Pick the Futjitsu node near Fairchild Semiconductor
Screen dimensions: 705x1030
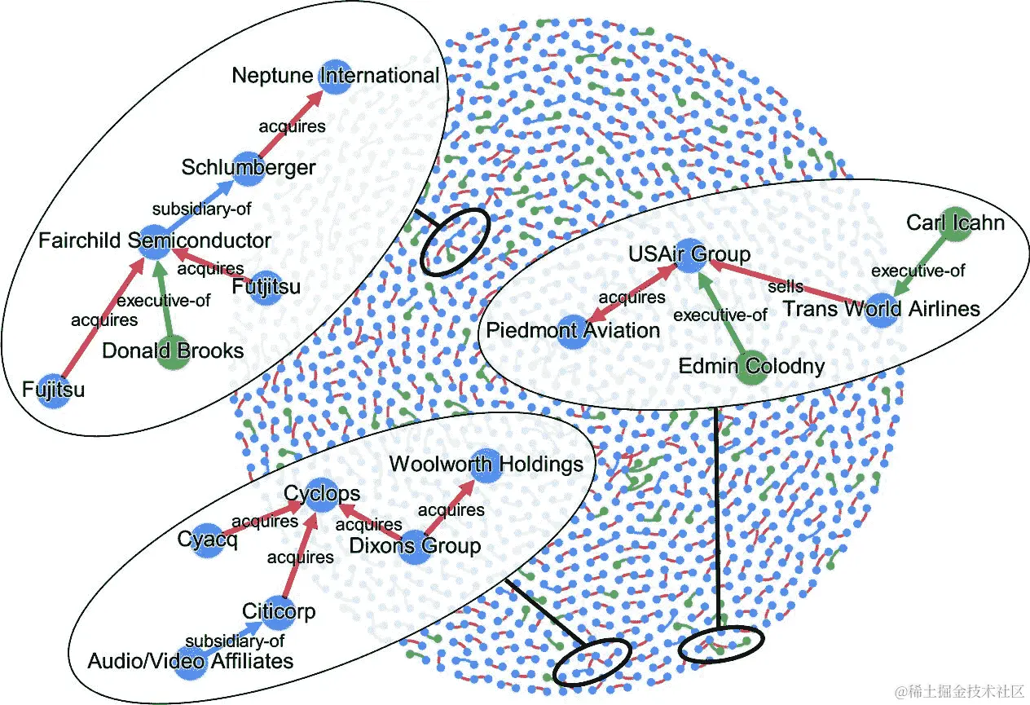(266, 287)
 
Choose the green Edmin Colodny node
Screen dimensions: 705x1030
(750, 365)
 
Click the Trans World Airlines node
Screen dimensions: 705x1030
(880, 309)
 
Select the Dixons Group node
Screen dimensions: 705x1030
(416, 545)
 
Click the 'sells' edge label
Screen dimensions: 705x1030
(786, 287)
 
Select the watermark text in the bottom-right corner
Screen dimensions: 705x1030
(958, 691)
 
